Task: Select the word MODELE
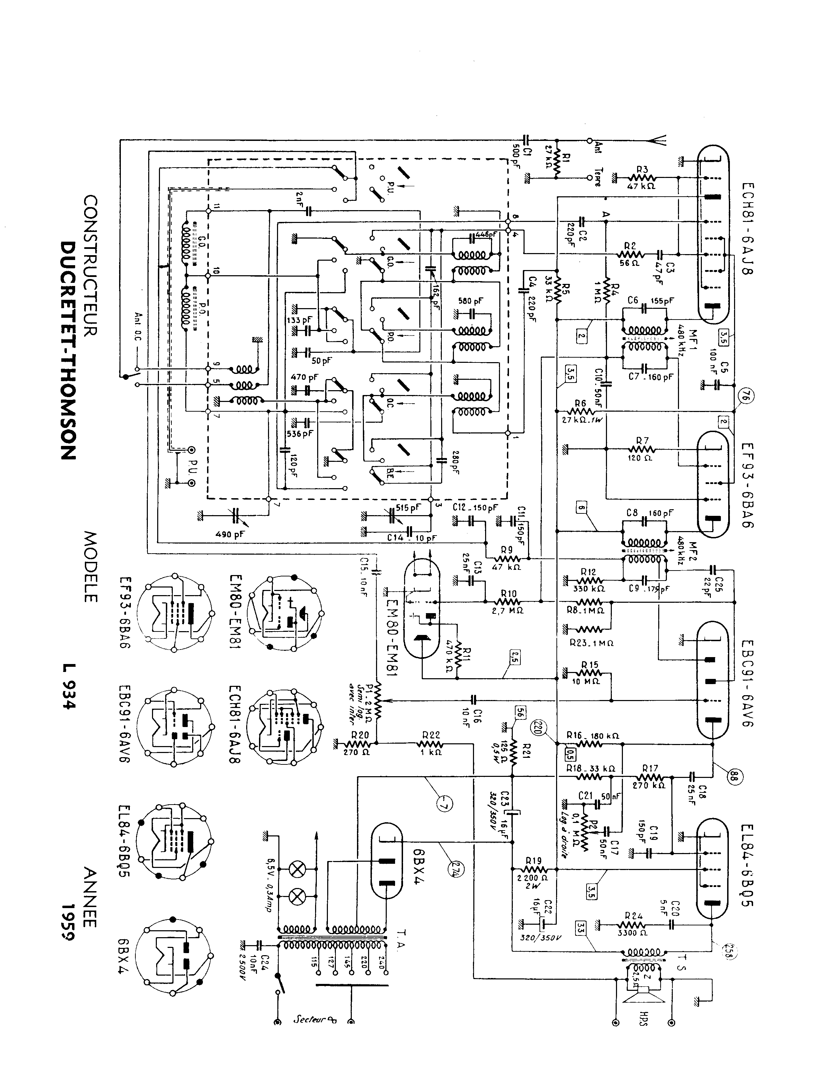[x=91, y=567]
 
